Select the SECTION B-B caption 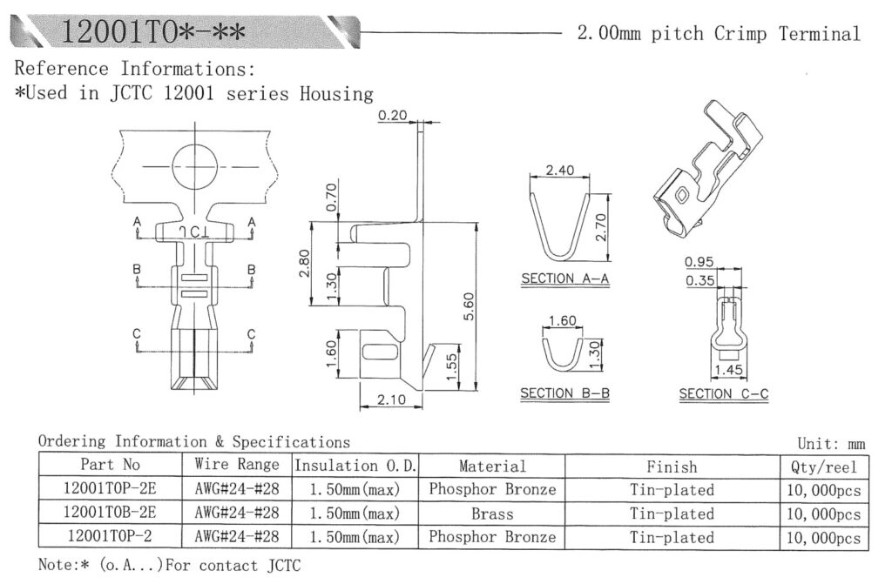click(x=564, y=393)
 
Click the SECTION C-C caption click(x=724, y=393)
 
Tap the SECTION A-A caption click(x=564, y=279)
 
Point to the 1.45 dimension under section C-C click(x=729, y=371)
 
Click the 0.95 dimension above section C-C click(x=700, y=261)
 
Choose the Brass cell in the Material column click(x=492, y=514)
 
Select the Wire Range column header click(x=237, y=465)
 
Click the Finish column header click(x=672, y=467)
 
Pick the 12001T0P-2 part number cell click(x=110, y=536)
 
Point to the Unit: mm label click(x=832, y=444)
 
